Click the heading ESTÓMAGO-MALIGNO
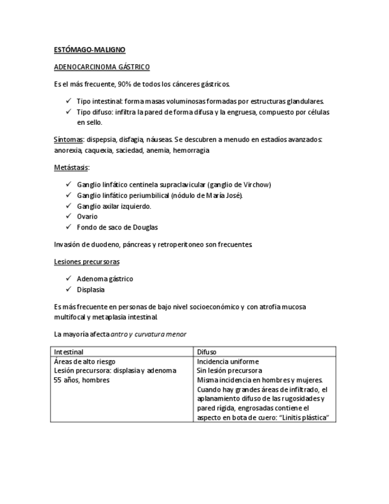pos(90,49)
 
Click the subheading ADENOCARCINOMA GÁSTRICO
pos(102,67)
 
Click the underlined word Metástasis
pos(71,168)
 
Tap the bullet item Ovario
pos(87,216)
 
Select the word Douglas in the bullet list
pos(145,227)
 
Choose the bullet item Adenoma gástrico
pos(105,279)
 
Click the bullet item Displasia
pos(91,289)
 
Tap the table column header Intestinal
pos(69,352)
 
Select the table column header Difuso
pos(207,352)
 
